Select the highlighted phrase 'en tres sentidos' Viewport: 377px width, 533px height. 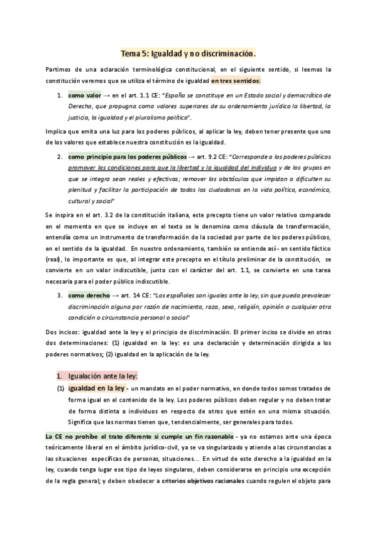236,80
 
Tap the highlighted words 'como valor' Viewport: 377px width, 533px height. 85,95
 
